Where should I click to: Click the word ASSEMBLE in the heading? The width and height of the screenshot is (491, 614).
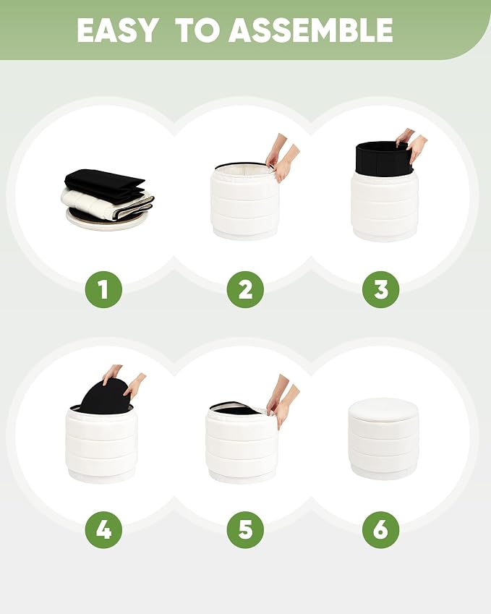pyautogui.click(x=311, y=30)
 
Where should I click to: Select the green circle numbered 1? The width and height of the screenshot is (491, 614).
pyautogui.click(x=103, y=289)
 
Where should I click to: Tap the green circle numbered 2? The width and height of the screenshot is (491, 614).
pyautogui.click(x=245, y=289)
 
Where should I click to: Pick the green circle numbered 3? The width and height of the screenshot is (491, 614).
pyautogui.click(x=380, y=289)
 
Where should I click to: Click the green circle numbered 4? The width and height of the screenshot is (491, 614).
pyautogui.click(x=103, y=530)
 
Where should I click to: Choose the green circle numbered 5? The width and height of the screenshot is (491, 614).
pyautogui.click(x=245, y=530)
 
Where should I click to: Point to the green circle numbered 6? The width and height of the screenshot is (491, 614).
pyautogui.click(x=380, y=530)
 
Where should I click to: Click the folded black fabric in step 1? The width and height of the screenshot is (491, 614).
pyautogui.click(x=104, y=182)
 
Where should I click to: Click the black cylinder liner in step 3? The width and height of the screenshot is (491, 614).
pyautogui.click(x=384, y=158)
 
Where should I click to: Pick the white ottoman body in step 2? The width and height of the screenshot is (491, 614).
pyautogui.click(x=244, y=202)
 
